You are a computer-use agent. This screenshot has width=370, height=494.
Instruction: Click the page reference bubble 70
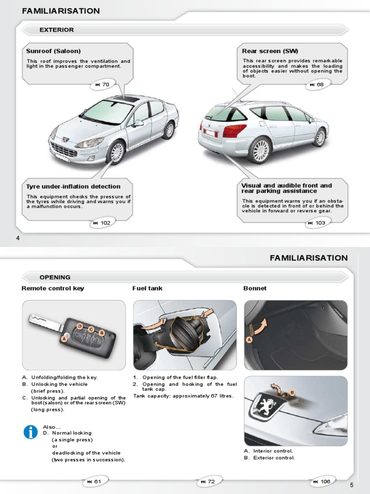102,85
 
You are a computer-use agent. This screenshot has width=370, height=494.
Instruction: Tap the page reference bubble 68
317,85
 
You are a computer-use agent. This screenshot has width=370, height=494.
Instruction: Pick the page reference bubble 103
317,223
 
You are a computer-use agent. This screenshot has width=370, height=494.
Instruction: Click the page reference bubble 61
94,481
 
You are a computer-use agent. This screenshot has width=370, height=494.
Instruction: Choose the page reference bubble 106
322,481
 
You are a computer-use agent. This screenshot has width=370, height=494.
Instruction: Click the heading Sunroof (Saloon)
53,51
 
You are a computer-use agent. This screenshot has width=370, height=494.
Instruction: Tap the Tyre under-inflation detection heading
73,187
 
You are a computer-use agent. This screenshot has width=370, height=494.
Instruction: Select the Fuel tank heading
147,288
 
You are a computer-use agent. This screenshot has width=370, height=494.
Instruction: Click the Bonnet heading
255,288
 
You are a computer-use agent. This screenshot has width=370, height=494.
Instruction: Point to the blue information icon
31,432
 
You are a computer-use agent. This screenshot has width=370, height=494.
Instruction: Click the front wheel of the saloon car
116,152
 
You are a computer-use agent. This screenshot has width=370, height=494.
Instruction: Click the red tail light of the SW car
235,130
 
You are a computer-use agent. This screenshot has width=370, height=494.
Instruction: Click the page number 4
18,238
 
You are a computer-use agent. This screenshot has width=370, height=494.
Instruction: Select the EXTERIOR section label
56,30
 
